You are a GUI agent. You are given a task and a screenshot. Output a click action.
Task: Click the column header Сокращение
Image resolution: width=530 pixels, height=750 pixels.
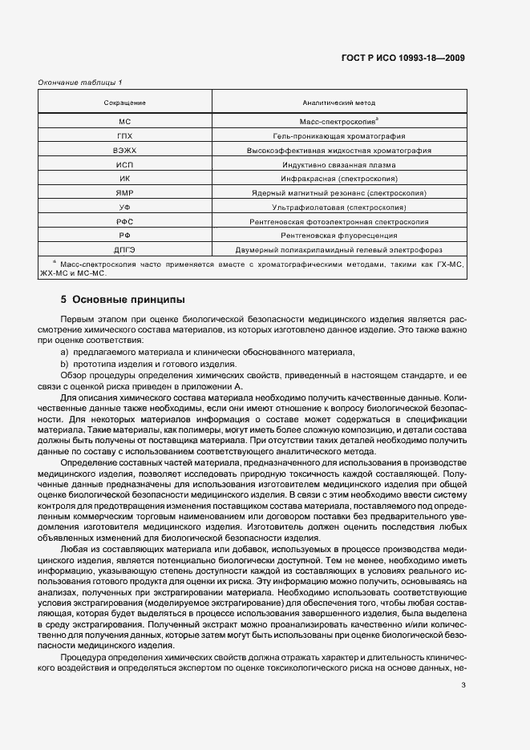tap(124, 103)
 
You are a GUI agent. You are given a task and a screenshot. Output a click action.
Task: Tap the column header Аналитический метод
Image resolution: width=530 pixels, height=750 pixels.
tap(338, 103)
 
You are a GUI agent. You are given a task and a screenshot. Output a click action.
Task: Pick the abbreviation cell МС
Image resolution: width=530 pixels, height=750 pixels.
tap(124, 123)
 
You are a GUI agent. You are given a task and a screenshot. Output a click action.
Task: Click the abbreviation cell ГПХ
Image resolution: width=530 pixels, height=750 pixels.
tap(124, 136)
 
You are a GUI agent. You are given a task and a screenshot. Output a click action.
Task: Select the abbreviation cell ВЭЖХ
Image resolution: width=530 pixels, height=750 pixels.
tap(124, 151)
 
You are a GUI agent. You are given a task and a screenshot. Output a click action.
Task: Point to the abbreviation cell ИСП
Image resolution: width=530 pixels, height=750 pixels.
tap(124, 164)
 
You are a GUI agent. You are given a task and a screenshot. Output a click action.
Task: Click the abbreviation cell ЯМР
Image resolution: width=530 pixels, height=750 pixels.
tap(124, 193)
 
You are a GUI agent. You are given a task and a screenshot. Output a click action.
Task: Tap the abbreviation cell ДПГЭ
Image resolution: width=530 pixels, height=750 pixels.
tap(124, 249)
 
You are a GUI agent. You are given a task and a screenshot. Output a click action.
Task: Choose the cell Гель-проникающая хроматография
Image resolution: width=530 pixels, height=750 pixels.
tap(338, 136)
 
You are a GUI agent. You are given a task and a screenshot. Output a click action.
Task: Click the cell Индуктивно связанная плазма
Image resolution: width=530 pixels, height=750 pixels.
tap(338, 164)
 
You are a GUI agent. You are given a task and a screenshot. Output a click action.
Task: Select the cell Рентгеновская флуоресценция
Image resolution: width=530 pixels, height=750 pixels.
tap(338, 236)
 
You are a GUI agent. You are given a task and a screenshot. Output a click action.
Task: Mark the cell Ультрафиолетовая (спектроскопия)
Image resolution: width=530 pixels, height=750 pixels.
tap(338, 208)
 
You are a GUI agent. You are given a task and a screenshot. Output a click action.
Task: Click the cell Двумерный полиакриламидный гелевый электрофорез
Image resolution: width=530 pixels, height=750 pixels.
tap(338, 249)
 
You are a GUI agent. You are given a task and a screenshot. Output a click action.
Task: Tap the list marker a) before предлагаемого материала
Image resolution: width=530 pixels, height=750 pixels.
tap(65, 353)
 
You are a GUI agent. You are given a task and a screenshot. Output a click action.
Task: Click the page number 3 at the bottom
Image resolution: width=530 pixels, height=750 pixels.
tap(463, 684)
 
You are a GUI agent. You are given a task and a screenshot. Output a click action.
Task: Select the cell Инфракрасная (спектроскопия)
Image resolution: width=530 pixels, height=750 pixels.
tap(338, 179)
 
